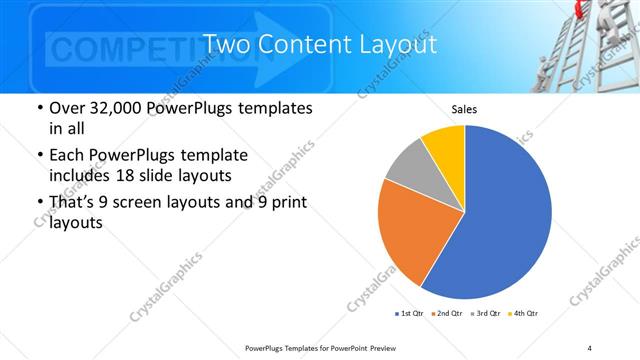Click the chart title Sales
(464, 109)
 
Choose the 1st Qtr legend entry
(410, 314)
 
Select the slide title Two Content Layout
(319, 45)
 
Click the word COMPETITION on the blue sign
(145, 48)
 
